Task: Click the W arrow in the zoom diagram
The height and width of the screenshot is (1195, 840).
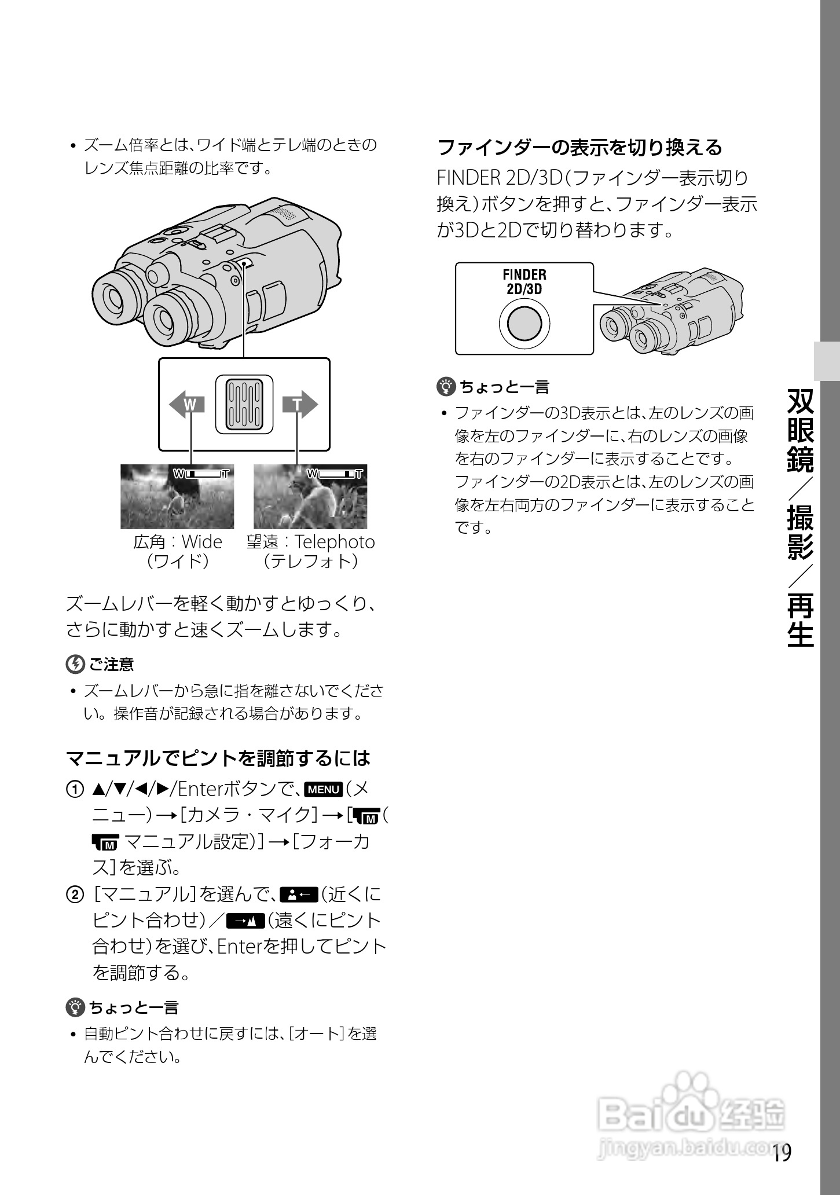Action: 187,404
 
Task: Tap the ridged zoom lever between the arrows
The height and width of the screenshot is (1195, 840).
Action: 244,404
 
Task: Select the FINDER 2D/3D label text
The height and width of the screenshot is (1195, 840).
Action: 524,281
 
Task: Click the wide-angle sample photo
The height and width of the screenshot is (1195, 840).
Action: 177,496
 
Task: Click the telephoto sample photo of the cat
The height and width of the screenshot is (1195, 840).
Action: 310,496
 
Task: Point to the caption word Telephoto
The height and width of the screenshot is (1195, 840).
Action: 335,542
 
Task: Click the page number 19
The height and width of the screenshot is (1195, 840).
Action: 780,1153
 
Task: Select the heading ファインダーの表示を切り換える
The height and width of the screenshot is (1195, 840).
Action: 579,147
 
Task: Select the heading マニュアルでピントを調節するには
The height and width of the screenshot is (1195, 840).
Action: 218,757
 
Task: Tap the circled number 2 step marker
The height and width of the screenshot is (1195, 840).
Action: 75,895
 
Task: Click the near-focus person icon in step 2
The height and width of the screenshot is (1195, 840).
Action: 299,895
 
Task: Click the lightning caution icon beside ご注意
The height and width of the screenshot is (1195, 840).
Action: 75,664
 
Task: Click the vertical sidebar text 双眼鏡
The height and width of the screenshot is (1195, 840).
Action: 801,431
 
